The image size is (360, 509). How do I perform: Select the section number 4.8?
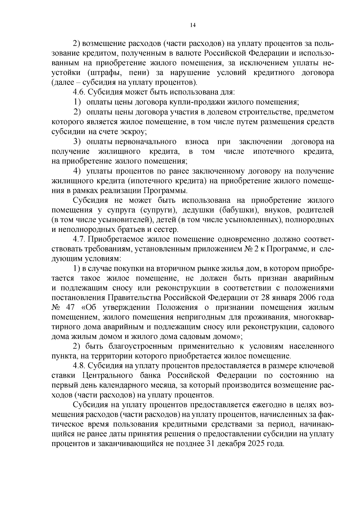[x=79, y=366]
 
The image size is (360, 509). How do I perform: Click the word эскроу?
[x=133, y=132]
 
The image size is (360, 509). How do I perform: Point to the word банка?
[x=150, y=376]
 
